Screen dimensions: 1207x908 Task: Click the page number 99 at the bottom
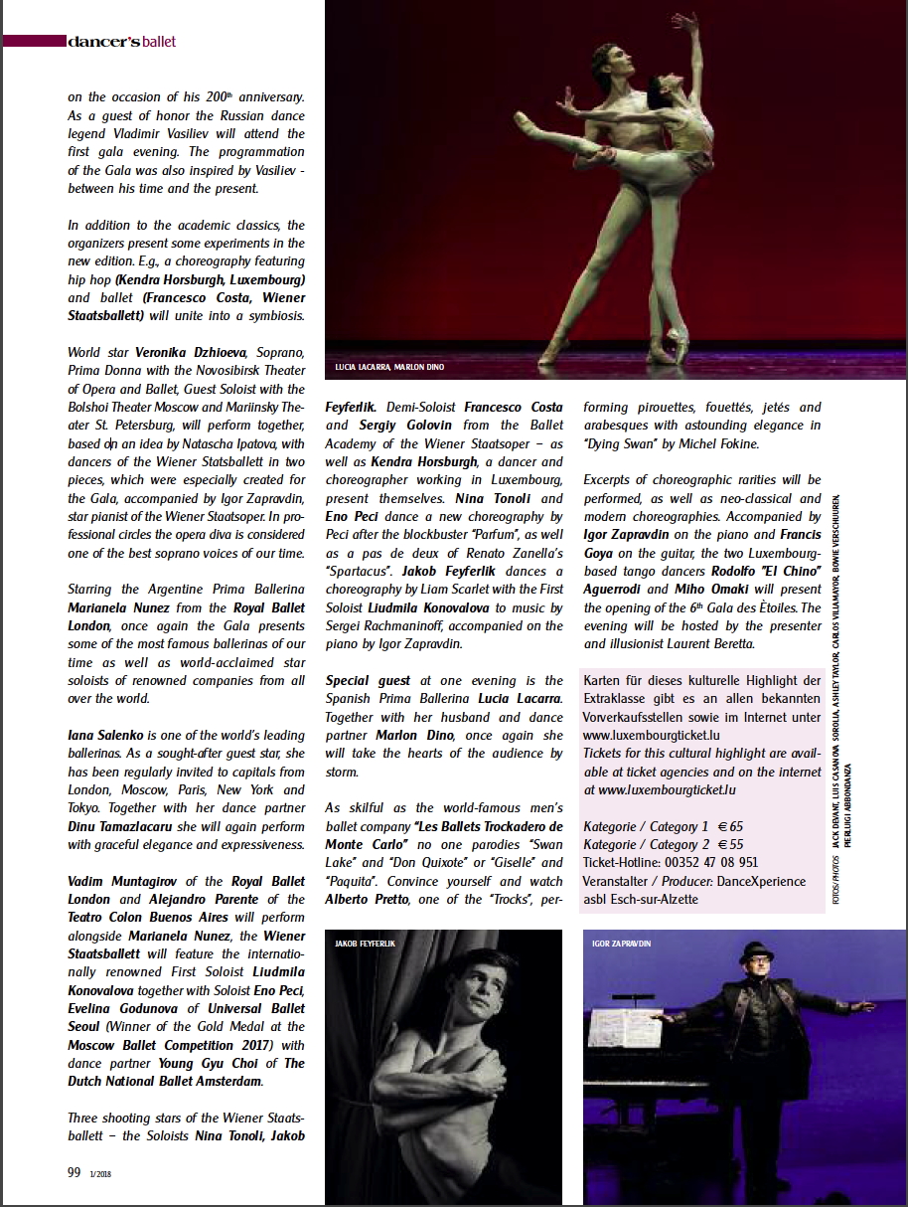pos(74,1172)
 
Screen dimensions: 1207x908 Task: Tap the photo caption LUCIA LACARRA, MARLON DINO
pos(390,368)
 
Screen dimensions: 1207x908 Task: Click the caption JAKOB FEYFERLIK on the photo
pos(366,943)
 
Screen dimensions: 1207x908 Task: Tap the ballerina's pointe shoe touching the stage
pos(679,347)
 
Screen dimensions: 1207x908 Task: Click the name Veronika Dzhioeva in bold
pos(166,352)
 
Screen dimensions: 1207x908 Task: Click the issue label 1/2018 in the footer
pos(99,1174)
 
